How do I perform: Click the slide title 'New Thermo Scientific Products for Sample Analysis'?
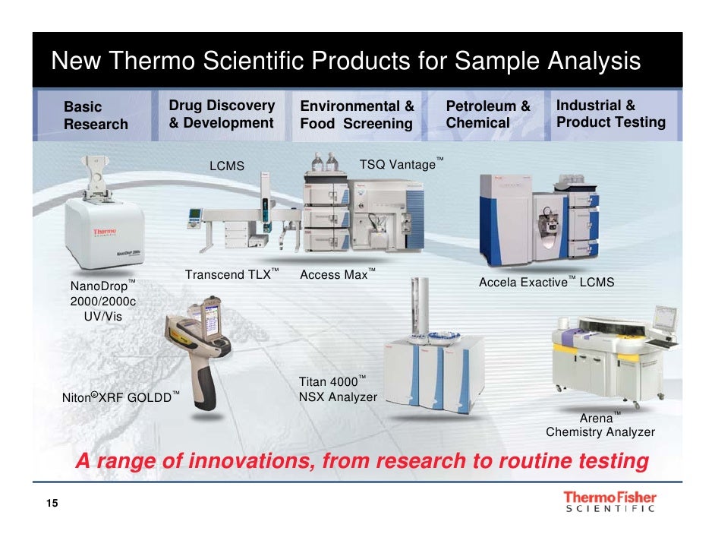345,61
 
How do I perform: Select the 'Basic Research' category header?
96,115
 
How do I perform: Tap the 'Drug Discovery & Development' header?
221,114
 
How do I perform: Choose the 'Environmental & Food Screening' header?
357,115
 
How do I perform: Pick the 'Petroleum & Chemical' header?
487,115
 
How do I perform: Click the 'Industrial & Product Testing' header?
610,114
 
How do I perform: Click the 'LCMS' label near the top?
227,166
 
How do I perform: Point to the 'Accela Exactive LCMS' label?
546,283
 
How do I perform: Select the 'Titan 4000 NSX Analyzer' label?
337,389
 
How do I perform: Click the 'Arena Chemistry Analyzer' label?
600,425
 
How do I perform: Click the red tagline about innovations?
361,461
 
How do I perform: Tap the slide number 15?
52,505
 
